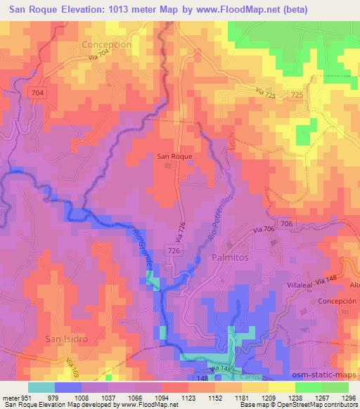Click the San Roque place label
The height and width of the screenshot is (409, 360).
[x=174, y=157]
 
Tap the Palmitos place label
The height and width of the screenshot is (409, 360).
[x=230, y=258]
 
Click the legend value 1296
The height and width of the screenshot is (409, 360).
[x=348, y=398]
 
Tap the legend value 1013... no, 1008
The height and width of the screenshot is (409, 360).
[x=82, y=398]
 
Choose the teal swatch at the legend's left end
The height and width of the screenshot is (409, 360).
[x=41, y=387]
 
